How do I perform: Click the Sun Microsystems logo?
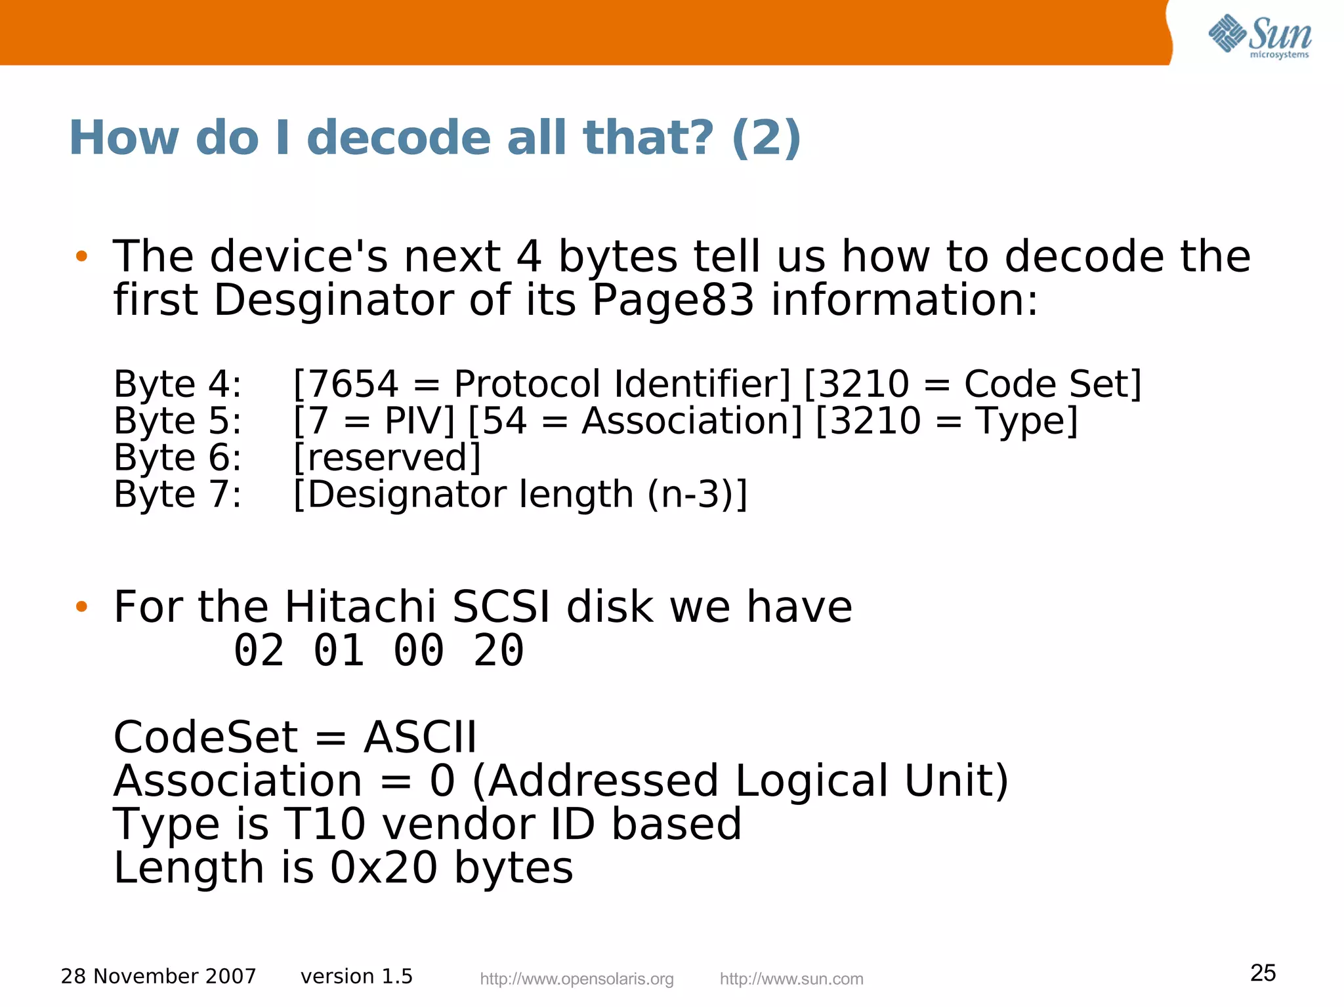pos(1259,35)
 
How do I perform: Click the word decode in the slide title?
pos(398,138)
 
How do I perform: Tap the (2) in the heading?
pos(766,138)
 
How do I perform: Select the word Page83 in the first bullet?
pos(673,300)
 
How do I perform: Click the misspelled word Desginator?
pos(333,300)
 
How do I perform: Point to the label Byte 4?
pos(178,384)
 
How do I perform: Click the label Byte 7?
pos(178,494)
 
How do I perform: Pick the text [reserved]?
pos(387,457)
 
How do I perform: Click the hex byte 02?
pos(259,651)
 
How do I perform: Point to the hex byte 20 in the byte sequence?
pos(499,651)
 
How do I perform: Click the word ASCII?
pos(420,737)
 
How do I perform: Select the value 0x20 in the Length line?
pos(383,867)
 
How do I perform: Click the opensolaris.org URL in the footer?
pos(577,979)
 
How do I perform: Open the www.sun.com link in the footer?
pos(791,979)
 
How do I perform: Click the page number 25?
pos(1263,973)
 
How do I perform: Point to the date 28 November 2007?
pos(158,976)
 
